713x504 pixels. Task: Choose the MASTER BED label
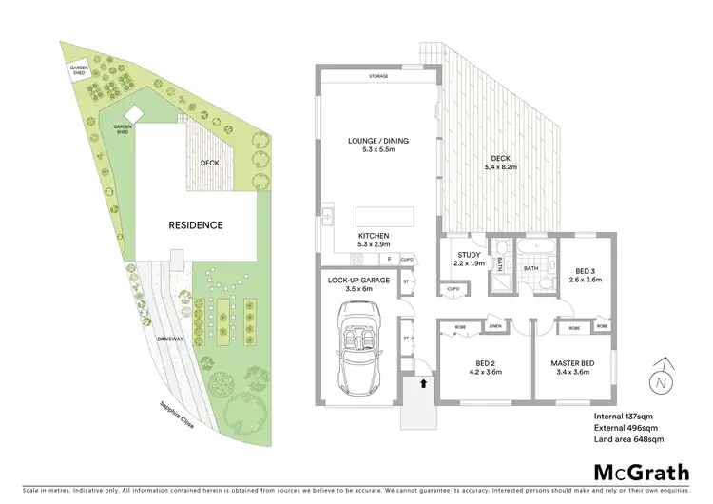click(x=573, y=364)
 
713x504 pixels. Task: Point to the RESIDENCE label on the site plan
click(x=196, y=225)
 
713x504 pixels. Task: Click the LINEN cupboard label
click(x=495, y=326)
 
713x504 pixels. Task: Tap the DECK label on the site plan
click(x=211, y=163)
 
